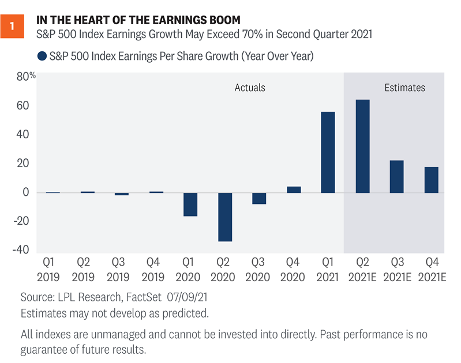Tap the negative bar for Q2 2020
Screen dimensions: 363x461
pos(225,217)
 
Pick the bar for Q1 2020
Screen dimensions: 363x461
pos(190,204)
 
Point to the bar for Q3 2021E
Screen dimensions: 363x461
pos(396,176)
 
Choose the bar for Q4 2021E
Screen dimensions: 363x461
pos(431,180)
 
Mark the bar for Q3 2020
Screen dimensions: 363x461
pos(259,198)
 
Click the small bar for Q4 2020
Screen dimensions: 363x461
pos(294,190)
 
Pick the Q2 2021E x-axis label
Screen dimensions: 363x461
pos(362,268)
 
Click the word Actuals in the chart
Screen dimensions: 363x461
pos(250,88)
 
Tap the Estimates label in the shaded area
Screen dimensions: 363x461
pos(404,88)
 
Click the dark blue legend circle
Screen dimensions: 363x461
pos(42,56)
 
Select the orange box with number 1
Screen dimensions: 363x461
pos(13,27)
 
